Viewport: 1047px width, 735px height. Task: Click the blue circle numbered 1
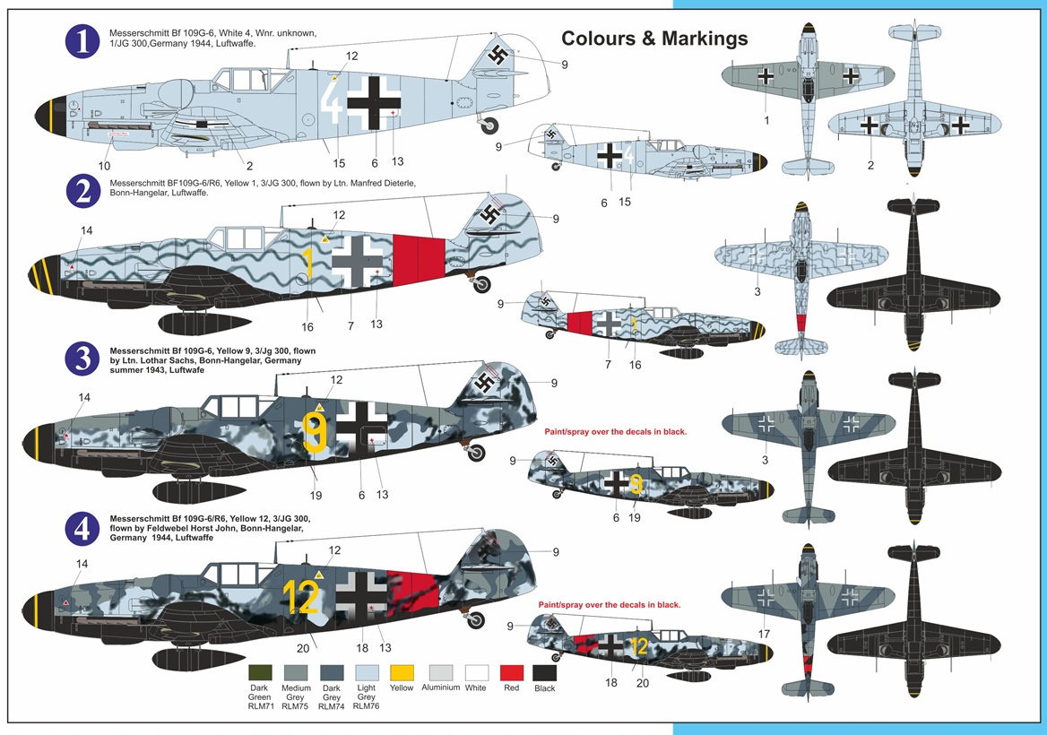(x=82, y=42)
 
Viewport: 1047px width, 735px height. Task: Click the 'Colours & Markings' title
(x=654, y=39)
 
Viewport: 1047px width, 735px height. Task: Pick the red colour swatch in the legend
(x=510, y=672)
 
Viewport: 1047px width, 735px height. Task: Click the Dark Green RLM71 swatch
(x=261, y=672)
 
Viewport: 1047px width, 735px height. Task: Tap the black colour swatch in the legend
(x=545, y=672)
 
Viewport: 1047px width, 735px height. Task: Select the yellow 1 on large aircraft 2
(x=307, y=262)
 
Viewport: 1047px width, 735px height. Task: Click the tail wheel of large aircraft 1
(x=490, y=126)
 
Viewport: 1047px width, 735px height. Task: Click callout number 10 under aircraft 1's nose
(x=104, y=166)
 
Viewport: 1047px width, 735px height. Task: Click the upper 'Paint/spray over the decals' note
(x=615, y=432)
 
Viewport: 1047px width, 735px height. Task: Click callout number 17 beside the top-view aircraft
(x=764, y=634)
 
